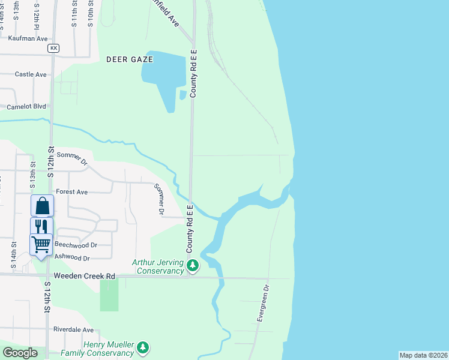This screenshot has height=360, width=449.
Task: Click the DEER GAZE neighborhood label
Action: click(130, 59)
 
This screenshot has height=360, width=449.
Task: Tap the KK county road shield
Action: click(54, 47)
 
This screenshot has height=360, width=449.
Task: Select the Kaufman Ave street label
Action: click(28, 38)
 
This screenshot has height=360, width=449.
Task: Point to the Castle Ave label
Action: click(31, 74)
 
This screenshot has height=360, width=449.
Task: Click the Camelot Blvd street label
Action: click(26, 107)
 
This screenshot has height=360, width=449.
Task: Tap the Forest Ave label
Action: click(71, 192)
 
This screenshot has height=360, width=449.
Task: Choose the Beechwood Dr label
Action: click(76, 245)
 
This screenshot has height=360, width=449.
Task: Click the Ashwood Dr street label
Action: click(72, 257)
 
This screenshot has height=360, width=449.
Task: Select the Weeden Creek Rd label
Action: click(84, 276)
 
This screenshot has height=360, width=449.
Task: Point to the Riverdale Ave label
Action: click(73, 329)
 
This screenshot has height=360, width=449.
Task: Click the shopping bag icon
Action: click(42, 206)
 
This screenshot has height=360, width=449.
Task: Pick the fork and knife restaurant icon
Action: click(41, 227)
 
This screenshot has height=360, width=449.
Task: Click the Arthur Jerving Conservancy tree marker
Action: click(193, 265)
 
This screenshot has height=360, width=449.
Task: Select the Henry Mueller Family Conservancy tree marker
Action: click(143, 347)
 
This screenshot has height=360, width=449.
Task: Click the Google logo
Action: click(20, 353)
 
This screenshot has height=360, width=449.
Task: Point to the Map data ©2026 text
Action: click(423, 355)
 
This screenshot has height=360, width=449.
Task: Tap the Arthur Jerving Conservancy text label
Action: click(158, 267)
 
